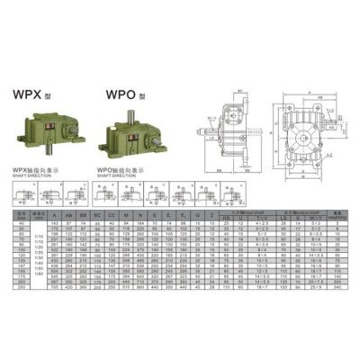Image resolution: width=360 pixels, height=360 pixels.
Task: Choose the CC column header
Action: point(111,216)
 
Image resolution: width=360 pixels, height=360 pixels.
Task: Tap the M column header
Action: point(125,216)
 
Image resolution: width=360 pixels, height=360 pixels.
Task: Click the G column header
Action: point(197,216)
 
